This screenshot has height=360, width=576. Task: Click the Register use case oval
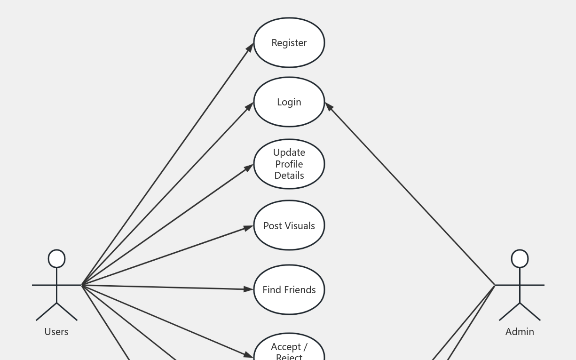(x=289, y=42)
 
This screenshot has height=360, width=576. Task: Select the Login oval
(x=289, y=102)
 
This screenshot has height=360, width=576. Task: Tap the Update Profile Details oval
(x=289, y=164)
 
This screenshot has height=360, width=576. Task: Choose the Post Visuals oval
(x=289, y=225)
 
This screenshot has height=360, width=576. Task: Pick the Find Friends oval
(x=289, y=289)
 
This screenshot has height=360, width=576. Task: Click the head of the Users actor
(x=57, y=259)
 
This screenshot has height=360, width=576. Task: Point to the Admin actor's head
(x=520, y=259)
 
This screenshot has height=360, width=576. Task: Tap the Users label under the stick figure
(x=56, y=332)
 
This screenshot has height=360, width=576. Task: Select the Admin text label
(x=520, y=332)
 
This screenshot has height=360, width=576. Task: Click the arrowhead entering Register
(x=251, y=47)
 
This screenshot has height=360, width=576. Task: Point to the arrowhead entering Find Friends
(x=249, y=289)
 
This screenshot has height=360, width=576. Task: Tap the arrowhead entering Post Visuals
(x=249, y=228)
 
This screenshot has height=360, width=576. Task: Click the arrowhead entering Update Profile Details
(x=250, y=167)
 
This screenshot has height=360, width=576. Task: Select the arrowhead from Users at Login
(x=250, y=106)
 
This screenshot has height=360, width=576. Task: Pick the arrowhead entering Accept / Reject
(x=249, y=355)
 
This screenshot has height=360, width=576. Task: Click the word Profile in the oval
(x=289, y=164)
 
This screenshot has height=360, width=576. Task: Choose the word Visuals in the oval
(x=300, y=226)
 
